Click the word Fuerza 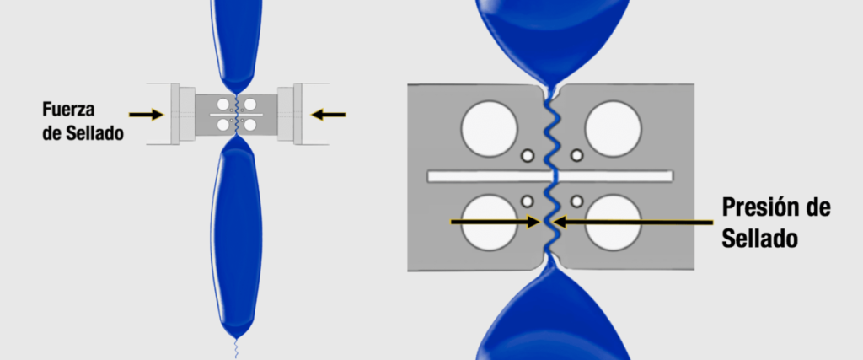pos(68,110)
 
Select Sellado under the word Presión pos(759,239)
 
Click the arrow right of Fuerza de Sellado pos(147,115)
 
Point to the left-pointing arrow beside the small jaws pos(329,115)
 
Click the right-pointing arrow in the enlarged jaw pos(495,222)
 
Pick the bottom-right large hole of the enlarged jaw pos(614,223)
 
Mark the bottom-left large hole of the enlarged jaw pos(490,223)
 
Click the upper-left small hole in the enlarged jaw pos(528,156)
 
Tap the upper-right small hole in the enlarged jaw pos(576,156)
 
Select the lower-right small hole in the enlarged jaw pos(576,201)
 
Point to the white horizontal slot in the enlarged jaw pos(549,176)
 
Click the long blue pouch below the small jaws pos(237,237)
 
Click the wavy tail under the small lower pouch pos(237,349)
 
